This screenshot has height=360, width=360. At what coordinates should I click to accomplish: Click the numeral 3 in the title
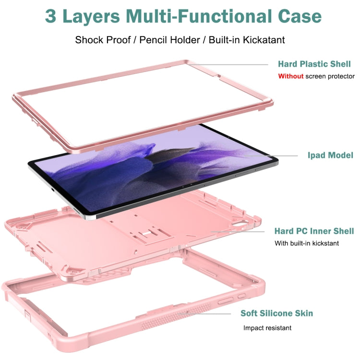(x=50, y=16)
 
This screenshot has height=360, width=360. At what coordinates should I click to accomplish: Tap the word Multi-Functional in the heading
(x=199, y=16)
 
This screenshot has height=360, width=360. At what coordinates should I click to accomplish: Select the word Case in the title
(x=300, y=16)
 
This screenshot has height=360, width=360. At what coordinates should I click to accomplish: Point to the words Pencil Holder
(x=169, y=40)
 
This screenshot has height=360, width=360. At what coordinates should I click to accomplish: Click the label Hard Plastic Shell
(x=314, y=64)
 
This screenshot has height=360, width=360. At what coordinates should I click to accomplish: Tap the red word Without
(x=291, y=76)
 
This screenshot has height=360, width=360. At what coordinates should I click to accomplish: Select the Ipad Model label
(x=330, y=155)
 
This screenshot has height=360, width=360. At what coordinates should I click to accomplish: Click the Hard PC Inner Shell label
(x=314, y=231)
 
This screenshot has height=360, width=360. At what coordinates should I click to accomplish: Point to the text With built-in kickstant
(x=307, y=243)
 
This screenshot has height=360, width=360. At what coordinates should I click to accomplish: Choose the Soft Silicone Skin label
(x=276, y=313)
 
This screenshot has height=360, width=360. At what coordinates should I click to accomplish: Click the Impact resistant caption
(x=267, y=328)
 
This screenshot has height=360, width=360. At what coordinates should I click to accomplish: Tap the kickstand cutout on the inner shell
(x=151, y=234)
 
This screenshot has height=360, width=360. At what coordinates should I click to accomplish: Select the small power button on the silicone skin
(x=241, y=296)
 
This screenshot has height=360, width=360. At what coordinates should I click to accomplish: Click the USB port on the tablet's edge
(x=53, y=190)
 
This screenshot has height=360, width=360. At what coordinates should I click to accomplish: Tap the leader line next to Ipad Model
(x=271, y=156)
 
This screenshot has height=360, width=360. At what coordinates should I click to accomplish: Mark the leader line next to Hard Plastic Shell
(x=228, y=64)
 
